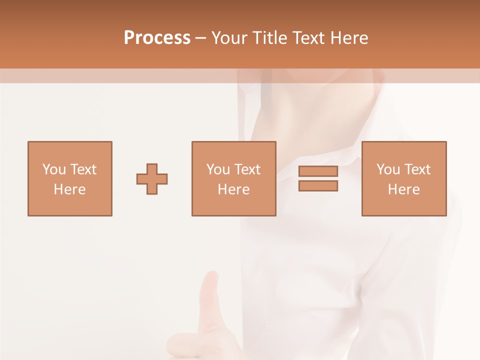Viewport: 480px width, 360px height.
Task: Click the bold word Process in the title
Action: (157, 38)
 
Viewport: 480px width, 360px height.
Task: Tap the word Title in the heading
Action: (270, 38)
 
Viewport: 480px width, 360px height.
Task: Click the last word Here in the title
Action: (349, 38)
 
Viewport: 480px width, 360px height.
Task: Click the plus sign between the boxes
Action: (152, 178)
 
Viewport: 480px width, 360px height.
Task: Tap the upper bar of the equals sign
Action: (318, 171)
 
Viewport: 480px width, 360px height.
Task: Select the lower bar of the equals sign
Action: (318, 185)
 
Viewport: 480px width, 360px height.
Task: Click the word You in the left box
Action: (54, 169)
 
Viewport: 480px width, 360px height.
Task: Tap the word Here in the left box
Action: (69, 189)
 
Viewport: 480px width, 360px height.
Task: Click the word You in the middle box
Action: (218, 169)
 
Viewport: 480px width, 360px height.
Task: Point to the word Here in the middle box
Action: (233, 189)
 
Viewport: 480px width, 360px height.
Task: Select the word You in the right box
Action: (388, 169)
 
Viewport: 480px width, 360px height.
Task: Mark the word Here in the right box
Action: (403, 189)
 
